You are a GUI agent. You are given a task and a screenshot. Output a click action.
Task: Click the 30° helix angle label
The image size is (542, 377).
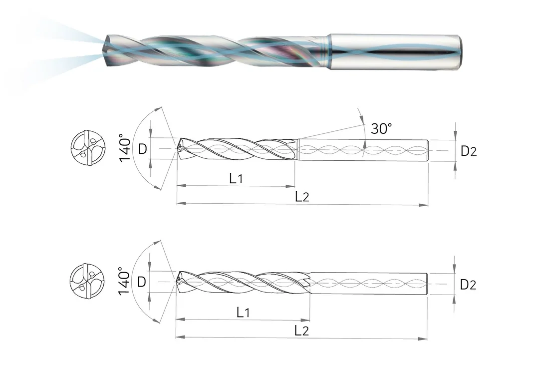click(x=382, y=128)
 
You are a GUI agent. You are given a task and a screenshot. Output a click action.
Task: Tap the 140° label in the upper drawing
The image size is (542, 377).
click(x=125, y=148)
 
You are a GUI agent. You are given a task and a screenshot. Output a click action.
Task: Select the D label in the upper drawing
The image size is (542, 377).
click(x=142, y=149)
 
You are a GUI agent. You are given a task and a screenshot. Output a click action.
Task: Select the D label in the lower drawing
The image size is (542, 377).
click(x=142, y=282)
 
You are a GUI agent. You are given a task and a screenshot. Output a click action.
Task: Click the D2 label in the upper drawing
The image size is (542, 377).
click(x=468, y=151)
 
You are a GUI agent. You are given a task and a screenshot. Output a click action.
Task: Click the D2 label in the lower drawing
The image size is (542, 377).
click(x=468, y=285)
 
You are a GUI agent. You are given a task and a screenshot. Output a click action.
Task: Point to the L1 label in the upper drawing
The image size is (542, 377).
click(x=236, y=178)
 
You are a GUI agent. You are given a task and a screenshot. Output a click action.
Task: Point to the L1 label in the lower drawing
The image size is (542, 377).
click(x=243, y=312)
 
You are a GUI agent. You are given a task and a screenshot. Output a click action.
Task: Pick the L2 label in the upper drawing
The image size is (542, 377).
click(x=302, y=196)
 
